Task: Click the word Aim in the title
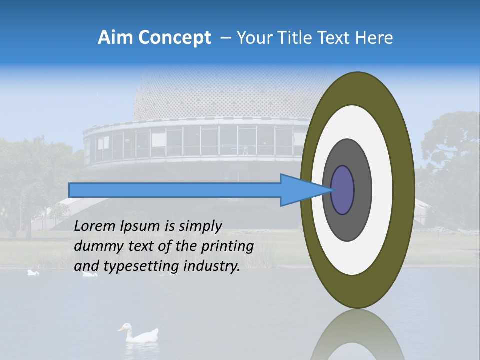pos(115,38)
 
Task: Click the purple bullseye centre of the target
pos(343,190)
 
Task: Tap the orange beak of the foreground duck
pos(120,329)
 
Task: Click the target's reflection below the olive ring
pos(358,335)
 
